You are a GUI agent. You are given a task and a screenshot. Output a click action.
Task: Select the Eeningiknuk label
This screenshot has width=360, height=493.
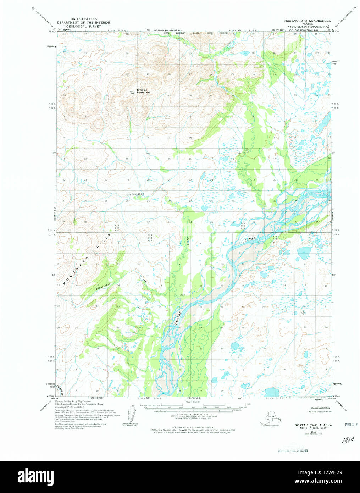point(135,195)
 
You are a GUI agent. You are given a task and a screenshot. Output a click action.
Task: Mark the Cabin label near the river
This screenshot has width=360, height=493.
point(183,295)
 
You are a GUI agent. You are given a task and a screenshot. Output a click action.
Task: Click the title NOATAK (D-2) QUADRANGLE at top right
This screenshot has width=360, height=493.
point(307,21)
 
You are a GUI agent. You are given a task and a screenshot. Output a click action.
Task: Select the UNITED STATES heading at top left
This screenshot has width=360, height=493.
point(84,19)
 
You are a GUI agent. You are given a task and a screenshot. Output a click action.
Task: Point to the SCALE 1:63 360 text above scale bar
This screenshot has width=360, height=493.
point(193,402)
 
